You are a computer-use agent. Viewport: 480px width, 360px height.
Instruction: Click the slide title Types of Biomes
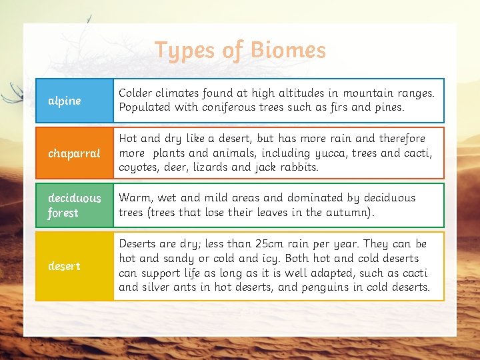click(240, 50)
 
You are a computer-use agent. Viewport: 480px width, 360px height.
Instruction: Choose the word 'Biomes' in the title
click(289, 50)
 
